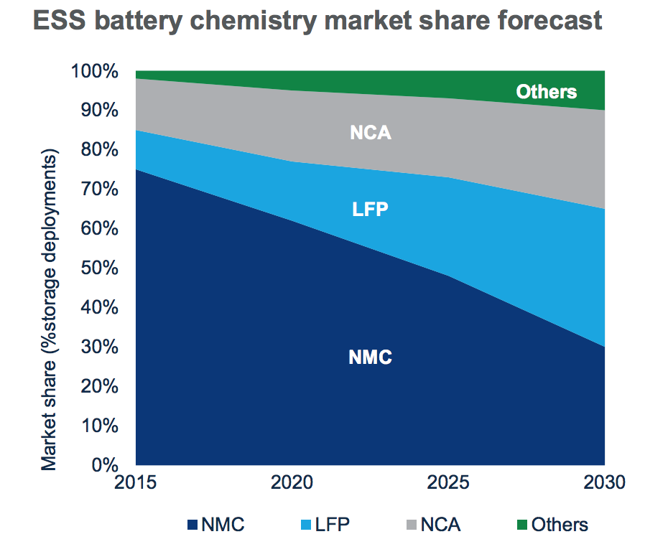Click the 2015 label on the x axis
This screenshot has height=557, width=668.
pyautogui.click(x=136, y=482)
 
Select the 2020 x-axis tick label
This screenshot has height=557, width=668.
pyautogui.click(x=292, y=482)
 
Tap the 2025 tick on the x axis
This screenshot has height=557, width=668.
pyautogui.click(x=448, y=482)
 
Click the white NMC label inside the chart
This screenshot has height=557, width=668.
pyautogui.click(x=370, y=357)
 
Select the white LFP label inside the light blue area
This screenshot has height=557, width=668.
pyautogui.click(x=371, y=210)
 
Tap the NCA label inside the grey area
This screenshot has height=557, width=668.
pyautogui.click(x=371, y=133)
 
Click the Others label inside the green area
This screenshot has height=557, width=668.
pyautogui.click(x=547, y=92)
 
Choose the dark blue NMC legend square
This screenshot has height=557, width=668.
pyautogui.click(x=192, y=525)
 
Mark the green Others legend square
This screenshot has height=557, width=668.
pyautogui.click(x=522, y=525)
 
